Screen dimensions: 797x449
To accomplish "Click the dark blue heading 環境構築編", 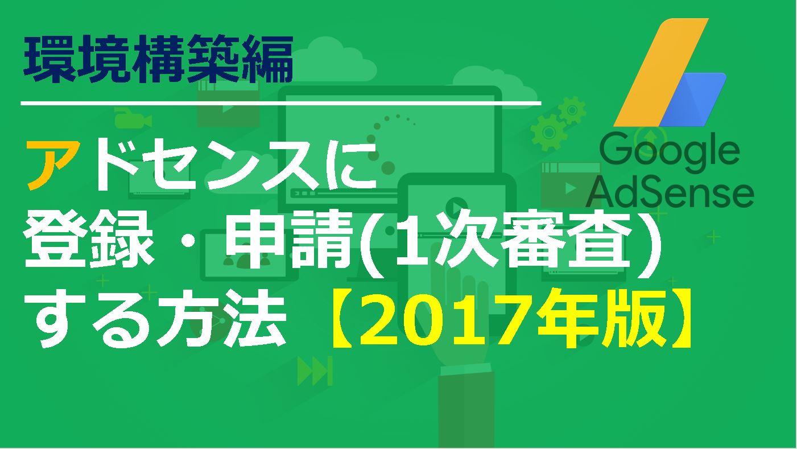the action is pyautogui.click(x=158, y=59).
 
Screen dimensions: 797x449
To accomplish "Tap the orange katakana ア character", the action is pyautogui.click(x=53, y=164).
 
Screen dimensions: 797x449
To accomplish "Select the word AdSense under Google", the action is pyautogui.click(x=670, y=195).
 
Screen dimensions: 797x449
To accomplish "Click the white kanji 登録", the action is pyautogui.click(x=89, y=244).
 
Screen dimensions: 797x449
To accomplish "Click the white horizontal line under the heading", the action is pyautogui.click(x=281, y=103).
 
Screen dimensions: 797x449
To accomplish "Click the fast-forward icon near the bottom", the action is pyautogui.click(x=315, y=371).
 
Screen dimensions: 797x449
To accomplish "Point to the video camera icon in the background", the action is pyautogui.click(x=133, y=120).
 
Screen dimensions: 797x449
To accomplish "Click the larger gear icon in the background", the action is pyautogui.click(x=548, y=133).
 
